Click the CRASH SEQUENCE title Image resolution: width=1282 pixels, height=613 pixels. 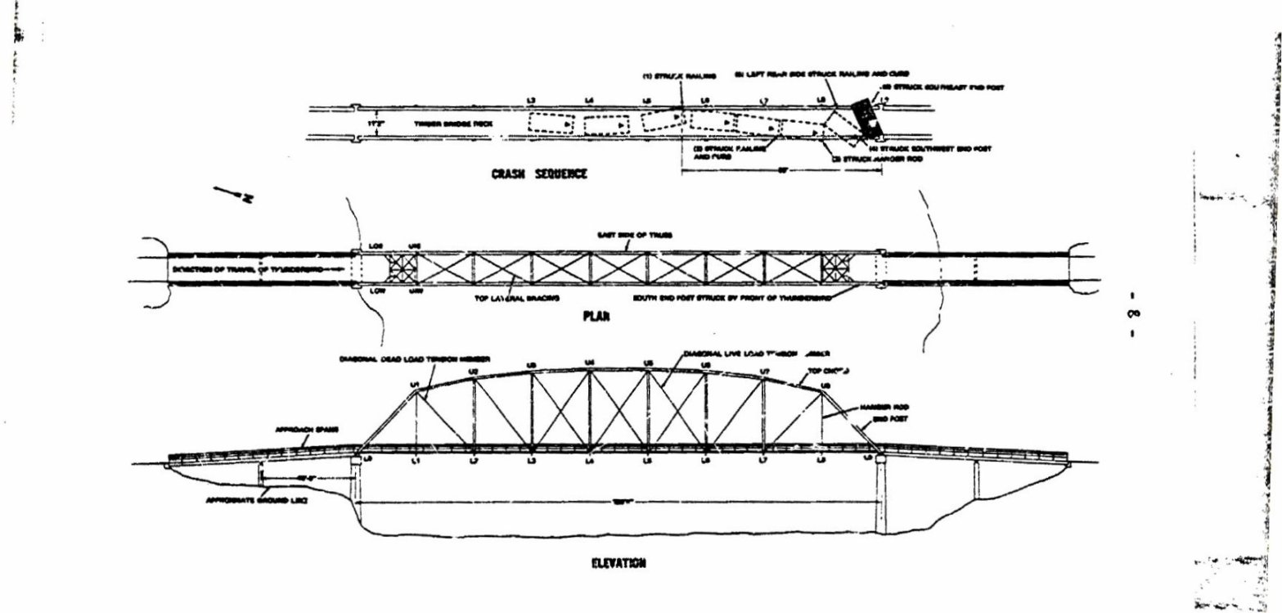point(538,174)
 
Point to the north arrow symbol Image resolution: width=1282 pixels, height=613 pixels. point(232,195)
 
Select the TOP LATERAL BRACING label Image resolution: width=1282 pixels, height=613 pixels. point(516,299)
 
